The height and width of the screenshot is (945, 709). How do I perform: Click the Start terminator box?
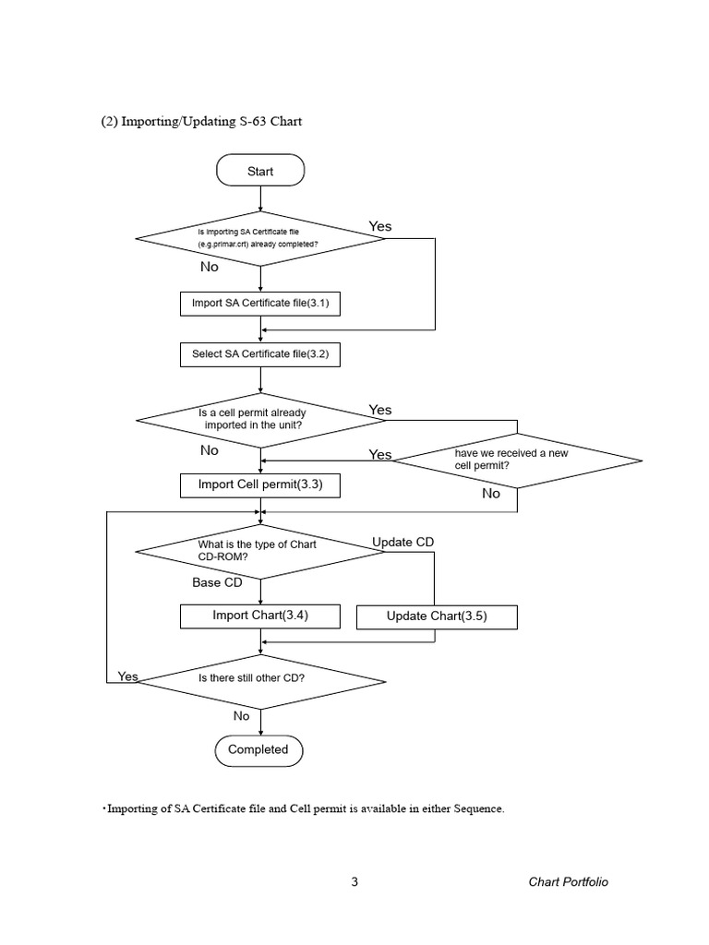(260, 171)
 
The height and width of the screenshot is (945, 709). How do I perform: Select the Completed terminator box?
(258, 749)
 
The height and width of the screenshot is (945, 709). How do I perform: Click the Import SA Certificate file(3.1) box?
(259, 303)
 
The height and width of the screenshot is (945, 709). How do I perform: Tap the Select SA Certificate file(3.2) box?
(259, 353)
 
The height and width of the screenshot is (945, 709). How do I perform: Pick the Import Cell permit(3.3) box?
(259, 484)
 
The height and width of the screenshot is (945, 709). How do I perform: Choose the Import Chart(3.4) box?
(259, 616)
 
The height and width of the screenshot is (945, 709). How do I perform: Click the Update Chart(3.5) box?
(437, 616)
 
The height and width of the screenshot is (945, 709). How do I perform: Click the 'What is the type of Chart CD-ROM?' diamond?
(260, 551)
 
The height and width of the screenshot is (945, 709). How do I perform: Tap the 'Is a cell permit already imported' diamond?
(260, 419)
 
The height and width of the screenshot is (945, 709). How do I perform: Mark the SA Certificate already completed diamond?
(260, 238)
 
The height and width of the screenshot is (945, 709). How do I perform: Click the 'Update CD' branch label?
(403, 542)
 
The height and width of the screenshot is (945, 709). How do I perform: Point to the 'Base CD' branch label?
(217, 582)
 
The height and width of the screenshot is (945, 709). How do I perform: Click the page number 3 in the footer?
(354, 882)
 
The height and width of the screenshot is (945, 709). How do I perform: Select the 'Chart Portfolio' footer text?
(568, 882)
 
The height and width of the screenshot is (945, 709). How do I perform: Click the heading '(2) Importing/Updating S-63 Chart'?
(201, 122)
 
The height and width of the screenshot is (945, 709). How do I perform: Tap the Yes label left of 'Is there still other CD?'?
(127, 676)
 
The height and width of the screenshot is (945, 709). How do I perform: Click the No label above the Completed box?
(241, 715)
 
